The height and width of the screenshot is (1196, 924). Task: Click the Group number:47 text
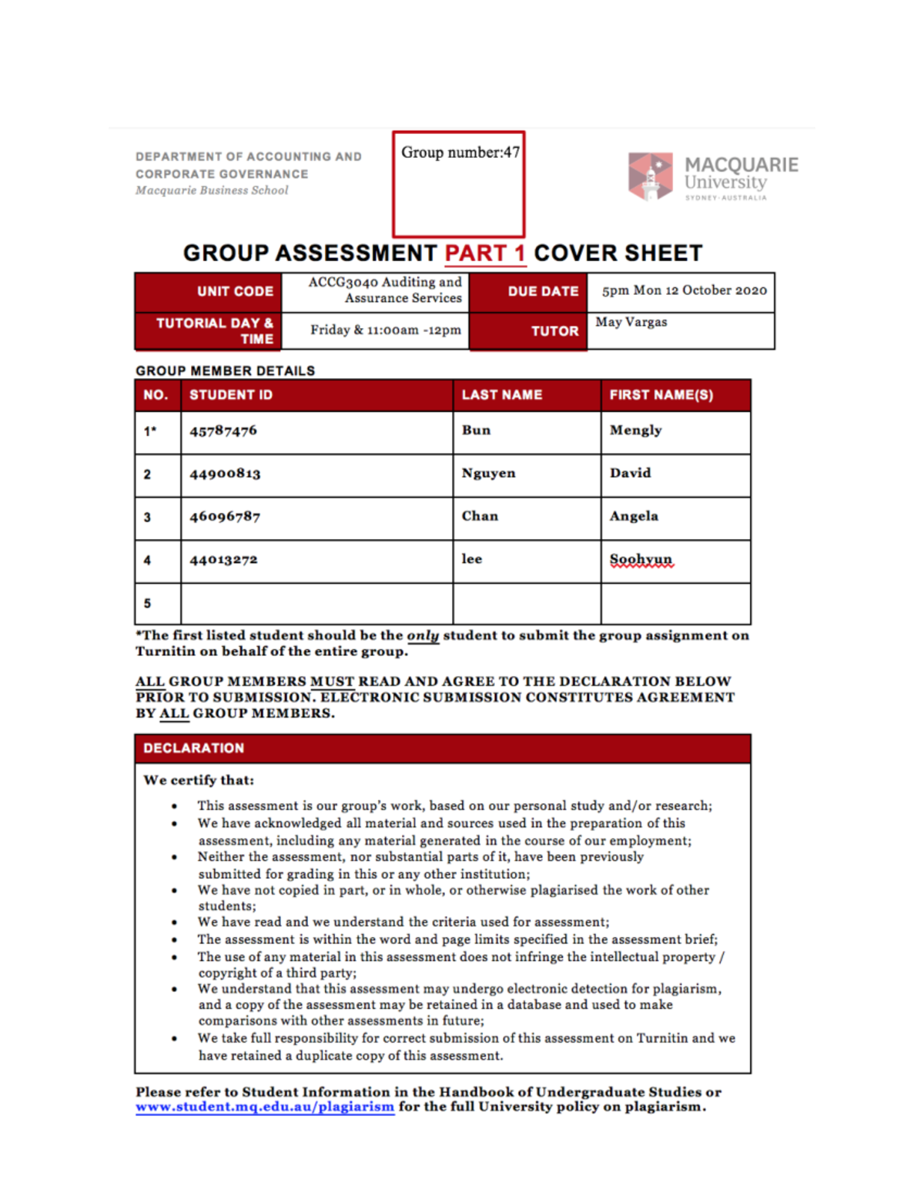460,152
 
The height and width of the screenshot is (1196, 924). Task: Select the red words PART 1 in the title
485,253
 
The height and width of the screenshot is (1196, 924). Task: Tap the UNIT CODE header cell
235,291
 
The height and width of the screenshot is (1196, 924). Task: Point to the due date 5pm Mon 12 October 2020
684,290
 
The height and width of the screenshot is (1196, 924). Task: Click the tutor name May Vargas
631,322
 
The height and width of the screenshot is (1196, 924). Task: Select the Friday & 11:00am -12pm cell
385,330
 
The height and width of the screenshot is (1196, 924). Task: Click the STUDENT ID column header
231,395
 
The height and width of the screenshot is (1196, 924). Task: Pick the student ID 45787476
223,430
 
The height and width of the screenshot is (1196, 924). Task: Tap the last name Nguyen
488,473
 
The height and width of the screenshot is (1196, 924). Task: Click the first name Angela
634,516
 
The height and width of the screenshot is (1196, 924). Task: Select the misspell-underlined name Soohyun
641,559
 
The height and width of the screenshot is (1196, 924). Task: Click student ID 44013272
223,559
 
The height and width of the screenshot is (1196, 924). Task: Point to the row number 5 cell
148,603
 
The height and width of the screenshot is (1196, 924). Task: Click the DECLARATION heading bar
443,748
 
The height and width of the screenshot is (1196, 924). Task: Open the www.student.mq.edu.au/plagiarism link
265,1107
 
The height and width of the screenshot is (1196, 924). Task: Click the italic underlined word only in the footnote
422,635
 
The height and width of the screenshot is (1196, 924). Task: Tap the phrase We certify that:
199,780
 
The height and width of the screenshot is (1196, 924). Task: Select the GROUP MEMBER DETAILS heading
226,370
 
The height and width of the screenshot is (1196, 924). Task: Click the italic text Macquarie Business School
212,190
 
